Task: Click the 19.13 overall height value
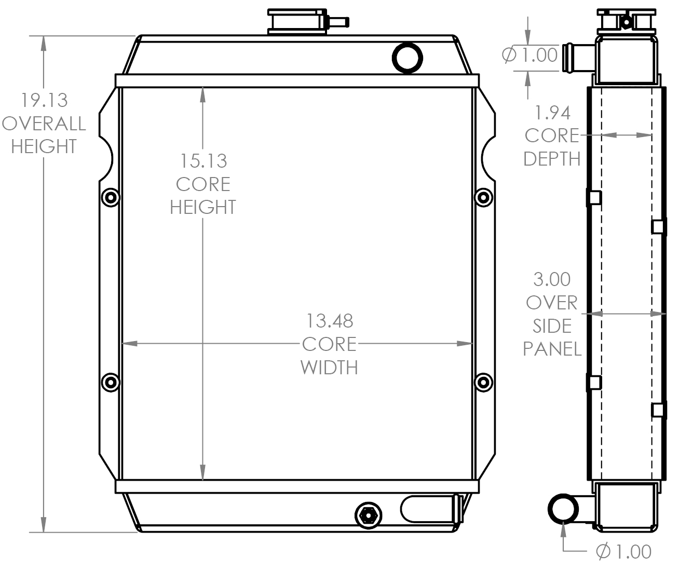[44, 99]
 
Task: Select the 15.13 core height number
[203, 161]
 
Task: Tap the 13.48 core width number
[329, 321]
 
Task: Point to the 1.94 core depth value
[552, 112]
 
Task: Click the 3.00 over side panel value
[552, 279]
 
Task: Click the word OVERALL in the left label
[44, 123]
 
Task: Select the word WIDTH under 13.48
[329, 368]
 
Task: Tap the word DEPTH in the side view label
[552, 159]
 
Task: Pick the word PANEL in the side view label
[552, 349]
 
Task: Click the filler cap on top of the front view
[297, 22]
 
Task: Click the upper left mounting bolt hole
[110, 197]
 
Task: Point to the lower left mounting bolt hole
[110, 383]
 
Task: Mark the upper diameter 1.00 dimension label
[531, 55]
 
